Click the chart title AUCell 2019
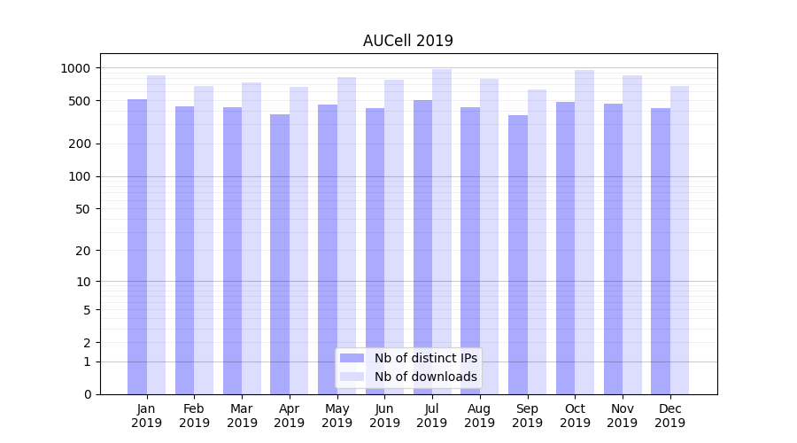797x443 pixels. tap(407, 41)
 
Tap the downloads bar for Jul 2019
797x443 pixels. tap(442, 231)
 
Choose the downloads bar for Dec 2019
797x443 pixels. tap(679, 240)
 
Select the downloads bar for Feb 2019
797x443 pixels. tap(204, 240)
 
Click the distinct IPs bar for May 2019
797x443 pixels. tap(328, 249)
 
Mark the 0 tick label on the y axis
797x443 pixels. tap(87, 394)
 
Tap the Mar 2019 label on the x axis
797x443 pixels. tap(242, 416)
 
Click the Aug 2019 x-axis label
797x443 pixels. tap(480, 416)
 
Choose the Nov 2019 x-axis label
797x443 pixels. tap(623, 416)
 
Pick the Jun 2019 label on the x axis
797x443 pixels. tap(384, 416)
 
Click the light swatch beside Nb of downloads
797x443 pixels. tap(352, 377)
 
